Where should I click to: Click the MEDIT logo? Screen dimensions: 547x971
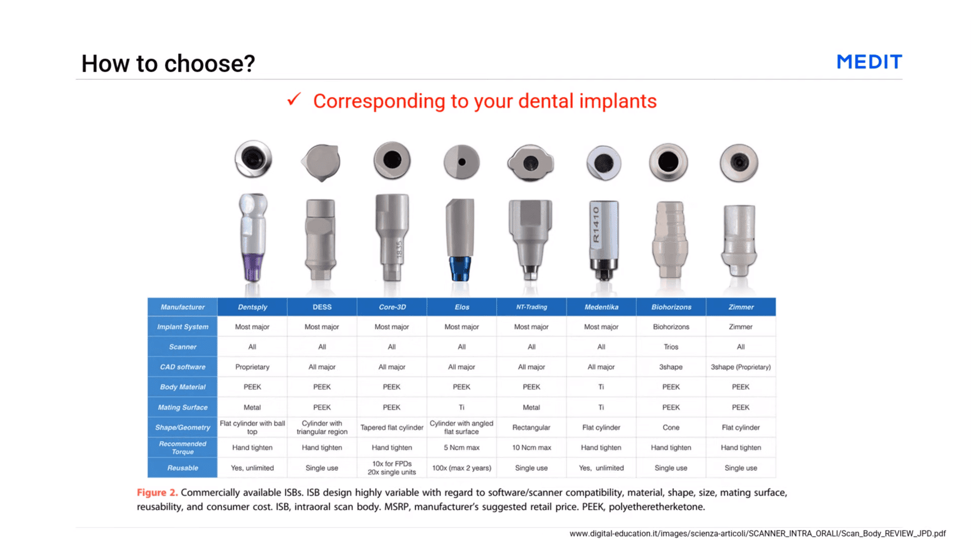click(869, 62)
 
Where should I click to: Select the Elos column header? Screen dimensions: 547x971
click(462, 307)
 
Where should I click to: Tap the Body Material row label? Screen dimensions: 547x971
click(183, 387)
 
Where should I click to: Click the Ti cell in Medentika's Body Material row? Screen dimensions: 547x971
click(601, 387)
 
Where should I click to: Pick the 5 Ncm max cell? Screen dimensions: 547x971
click(462, 447)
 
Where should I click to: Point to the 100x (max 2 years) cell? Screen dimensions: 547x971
click(462, 468)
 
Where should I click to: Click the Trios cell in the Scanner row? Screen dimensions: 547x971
click(671, 347)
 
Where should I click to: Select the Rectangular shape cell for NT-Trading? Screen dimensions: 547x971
click(531, 427)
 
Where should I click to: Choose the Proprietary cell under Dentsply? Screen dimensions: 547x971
click(252, 367)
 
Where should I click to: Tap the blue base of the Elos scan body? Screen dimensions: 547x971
click(460, 268)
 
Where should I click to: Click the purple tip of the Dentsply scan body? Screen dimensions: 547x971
click(252, 266)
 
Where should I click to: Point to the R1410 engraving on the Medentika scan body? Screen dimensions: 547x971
click(596, 224)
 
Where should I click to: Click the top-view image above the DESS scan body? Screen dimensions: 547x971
click(321, 162)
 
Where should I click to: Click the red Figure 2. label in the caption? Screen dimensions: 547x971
click(157, 492)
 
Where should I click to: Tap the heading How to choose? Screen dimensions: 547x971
click(168, 64)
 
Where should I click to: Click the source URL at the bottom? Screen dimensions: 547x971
click(757, 533)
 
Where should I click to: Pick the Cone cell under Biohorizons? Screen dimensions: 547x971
click(671, 427)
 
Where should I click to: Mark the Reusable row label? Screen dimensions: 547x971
click(183, 468)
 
